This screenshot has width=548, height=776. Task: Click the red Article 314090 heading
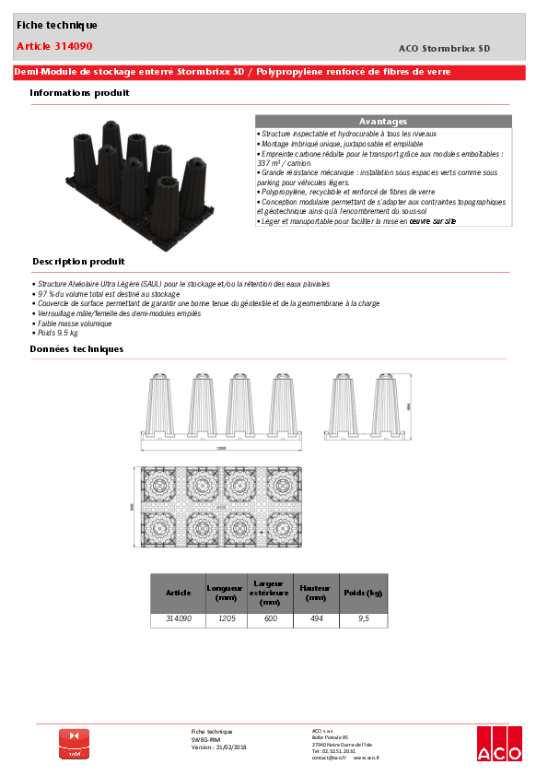(54, 46)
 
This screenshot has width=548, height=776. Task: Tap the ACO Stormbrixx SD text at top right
(444, 48)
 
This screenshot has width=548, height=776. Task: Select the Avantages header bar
(382, 122)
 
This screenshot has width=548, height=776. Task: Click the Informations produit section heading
(79, 93)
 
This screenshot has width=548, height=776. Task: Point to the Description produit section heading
(78, 262)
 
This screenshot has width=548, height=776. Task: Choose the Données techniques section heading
(76, 349)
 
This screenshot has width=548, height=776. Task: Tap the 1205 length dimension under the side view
(221, 448)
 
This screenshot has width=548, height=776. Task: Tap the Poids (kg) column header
(363, 593)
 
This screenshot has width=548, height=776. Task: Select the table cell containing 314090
(178, 619)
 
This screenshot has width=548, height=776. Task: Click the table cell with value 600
(270, 619)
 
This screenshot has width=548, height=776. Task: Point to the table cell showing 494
(316, 619)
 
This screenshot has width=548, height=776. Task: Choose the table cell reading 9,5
(363, 619)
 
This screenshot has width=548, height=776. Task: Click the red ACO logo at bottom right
(498, 744)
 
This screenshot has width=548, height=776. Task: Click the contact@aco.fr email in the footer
(329, 758)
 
